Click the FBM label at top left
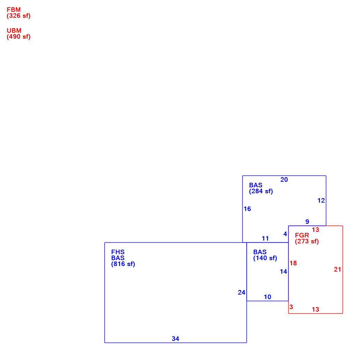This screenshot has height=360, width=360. coord(14,10)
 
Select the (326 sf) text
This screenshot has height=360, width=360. coord(18,16)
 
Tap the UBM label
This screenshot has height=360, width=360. coord(14,31)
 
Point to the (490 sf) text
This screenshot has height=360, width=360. coord(18,37)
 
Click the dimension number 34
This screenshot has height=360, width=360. coord(175,339)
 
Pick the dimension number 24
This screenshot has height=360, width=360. coord(242,292)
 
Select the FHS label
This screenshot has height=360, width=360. coord(118,252)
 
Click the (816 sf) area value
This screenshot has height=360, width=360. coord(123,264)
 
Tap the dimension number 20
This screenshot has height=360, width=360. coord(284,180)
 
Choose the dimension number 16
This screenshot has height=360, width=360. coord(247,209)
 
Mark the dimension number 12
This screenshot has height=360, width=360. coord(321,201)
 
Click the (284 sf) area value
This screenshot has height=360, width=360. coord(261,191)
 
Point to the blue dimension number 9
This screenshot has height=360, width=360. coord(307,221)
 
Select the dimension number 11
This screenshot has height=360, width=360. coord(265,238)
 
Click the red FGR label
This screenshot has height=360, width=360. coord(302,235)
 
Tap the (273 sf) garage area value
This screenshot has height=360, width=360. coord(307,241)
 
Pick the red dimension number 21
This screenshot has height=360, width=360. coord(337,269)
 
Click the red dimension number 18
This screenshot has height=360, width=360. coord(293,263)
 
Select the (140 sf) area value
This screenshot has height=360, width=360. coord(265,258)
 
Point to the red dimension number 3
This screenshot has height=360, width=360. coord(291,307)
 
